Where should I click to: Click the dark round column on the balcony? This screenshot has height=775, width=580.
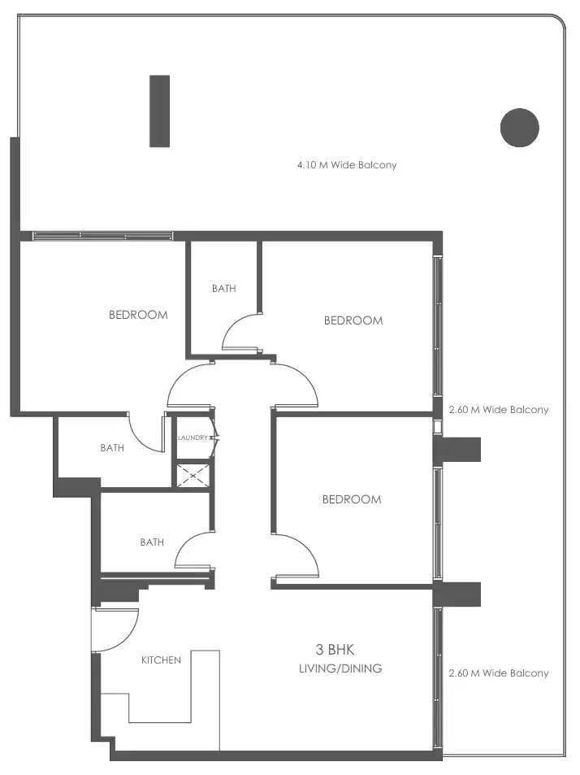[520, 128]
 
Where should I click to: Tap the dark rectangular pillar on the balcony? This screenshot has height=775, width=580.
[160, 111]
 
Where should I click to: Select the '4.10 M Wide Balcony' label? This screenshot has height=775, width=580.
[347, 165]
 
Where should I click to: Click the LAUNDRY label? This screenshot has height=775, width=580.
[192, 438]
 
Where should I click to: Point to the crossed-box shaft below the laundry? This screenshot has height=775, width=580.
[193, 474]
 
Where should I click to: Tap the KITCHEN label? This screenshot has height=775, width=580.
[161, 660]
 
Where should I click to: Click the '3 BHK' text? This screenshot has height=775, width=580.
[335, 649]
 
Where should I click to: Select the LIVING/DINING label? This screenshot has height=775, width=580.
[340, 668]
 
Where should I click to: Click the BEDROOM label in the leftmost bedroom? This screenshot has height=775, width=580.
[138, 315]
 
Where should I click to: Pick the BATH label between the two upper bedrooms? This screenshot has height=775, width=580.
[223, 288]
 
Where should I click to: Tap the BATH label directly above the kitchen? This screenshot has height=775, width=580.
[152, 542]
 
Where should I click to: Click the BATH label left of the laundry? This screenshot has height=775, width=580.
[112, 447]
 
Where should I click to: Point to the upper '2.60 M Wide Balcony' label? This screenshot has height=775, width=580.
[499, 410]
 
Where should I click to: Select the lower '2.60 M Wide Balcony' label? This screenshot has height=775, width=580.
[499, 673]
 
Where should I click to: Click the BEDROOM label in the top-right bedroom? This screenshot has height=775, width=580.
[353, 320]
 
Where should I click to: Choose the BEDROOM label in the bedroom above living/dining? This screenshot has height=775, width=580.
[352, 499]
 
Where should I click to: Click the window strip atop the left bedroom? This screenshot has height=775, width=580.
[102, 236]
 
